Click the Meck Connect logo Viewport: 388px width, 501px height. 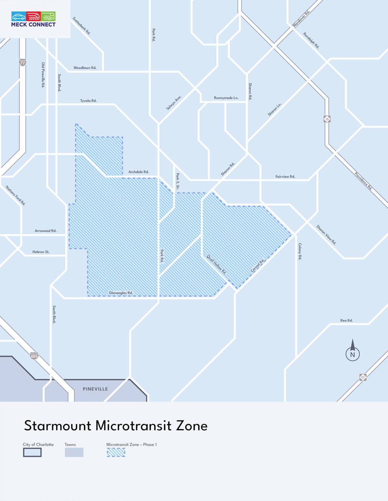(34, 19)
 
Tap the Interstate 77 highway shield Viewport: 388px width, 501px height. (23, 63)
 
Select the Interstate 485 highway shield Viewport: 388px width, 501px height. (34, 356)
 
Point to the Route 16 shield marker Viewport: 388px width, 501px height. (327, 119)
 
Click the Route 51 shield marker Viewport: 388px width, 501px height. (363, 377)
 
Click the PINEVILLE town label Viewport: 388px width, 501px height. (95, 389)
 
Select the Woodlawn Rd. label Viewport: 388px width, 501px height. (85, 68)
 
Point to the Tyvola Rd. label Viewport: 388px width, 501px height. (88, 101)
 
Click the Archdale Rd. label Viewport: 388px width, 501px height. (139, 172)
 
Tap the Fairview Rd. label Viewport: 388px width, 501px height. (285, 176)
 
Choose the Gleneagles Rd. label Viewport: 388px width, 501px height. (120, 293)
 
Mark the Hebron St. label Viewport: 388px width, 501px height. (41, 252)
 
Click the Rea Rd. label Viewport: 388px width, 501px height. (346, 321)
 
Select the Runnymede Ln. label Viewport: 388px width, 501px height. (226, 98)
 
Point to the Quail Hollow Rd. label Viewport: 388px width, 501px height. (217, 264)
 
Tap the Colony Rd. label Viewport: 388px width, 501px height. (300, 251)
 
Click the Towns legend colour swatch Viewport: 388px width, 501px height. (74, 452)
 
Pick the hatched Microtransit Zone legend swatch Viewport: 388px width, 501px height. (116, 452)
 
